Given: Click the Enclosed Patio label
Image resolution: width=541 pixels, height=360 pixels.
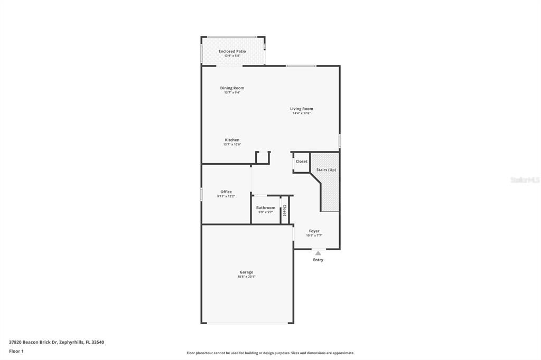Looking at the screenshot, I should pos(232,51).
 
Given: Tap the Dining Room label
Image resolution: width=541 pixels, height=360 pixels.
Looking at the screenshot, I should pos(232,88).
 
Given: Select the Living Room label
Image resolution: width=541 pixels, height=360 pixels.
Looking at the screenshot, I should pos(301,109).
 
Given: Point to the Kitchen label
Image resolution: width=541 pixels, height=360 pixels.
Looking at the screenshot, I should pos(232,140).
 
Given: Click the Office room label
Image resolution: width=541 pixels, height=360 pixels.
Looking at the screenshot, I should pos(226,192).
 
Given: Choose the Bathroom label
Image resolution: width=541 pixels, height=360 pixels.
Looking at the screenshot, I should pos(266,207).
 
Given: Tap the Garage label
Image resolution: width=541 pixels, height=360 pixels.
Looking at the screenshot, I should pos(246,272).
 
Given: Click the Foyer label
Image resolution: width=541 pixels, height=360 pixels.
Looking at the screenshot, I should pos(314,231).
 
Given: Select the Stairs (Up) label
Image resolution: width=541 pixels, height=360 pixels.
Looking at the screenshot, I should pos(326,170).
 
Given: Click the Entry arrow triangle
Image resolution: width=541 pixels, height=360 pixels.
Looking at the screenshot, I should pos(318,253).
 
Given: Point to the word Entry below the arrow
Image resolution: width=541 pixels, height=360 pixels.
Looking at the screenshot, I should pos(318,260).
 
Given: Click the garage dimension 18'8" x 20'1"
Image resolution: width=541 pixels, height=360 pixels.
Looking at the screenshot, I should pos(246,277).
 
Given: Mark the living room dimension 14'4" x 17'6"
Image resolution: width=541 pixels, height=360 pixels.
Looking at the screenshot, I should pos(301,113).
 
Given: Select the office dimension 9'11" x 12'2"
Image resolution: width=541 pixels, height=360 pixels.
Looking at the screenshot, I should pos(226,196).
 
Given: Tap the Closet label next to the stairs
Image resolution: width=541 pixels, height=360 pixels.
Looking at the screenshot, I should pos(302,162).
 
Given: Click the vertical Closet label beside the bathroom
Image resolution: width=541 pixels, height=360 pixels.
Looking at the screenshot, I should pos(284,211).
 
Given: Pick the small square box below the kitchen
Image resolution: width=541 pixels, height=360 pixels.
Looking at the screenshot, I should pos(263,157).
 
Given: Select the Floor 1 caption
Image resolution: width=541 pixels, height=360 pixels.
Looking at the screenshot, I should pos(16,351).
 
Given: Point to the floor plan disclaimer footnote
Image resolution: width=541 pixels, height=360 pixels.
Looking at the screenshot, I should pos(270,353).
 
